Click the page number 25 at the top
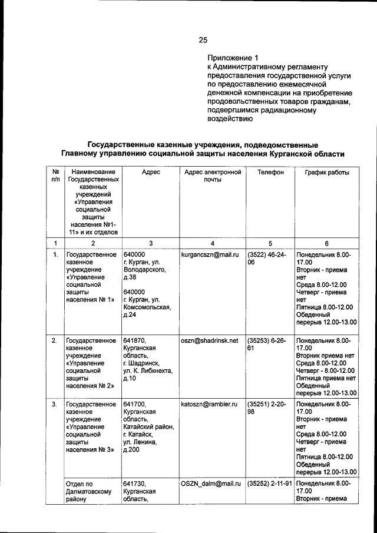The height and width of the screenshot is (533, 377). [203, 40]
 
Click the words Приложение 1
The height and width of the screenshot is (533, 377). [233, 58]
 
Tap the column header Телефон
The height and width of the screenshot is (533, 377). [270, 172]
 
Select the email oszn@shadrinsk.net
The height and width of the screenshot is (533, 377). [209, 340]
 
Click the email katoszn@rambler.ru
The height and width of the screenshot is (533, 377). [209, 405]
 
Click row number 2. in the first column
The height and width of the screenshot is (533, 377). [54, 340]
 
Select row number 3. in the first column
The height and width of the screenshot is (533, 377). [54, 405]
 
